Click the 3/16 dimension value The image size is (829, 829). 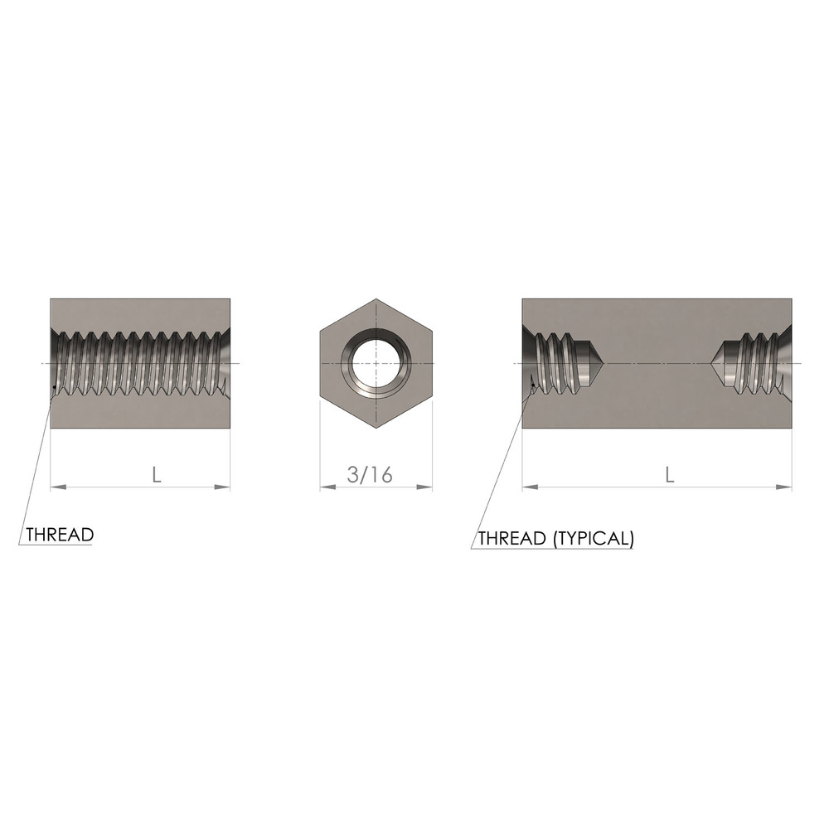pos(370,474)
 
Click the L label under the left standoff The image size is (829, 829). pos(157,475)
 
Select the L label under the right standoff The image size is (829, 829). pos(669,475)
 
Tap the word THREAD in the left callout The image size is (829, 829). pos(60,535)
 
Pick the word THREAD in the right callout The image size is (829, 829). pos(511,538)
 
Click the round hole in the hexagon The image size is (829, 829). pos(376,363)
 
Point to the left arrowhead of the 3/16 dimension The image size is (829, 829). pos(327,487)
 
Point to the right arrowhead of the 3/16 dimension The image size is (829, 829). pos(424,487)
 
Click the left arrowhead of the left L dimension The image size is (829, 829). pos(58,487)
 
